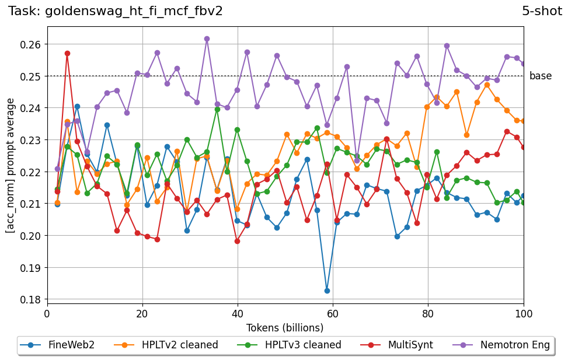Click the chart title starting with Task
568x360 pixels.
[116, 11]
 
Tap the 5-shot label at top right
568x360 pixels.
[542, 11]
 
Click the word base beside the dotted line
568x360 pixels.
[540, 76]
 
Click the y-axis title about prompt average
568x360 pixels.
[11, 165]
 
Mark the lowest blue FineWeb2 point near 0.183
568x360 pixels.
[327, 291]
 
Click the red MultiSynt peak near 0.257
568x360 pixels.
[67, 53]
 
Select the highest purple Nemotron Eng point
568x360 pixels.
[207, 39]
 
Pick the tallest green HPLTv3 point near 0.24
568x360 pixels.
[217, 109]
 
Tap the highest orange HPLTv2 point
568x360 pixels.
[487, 85]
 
